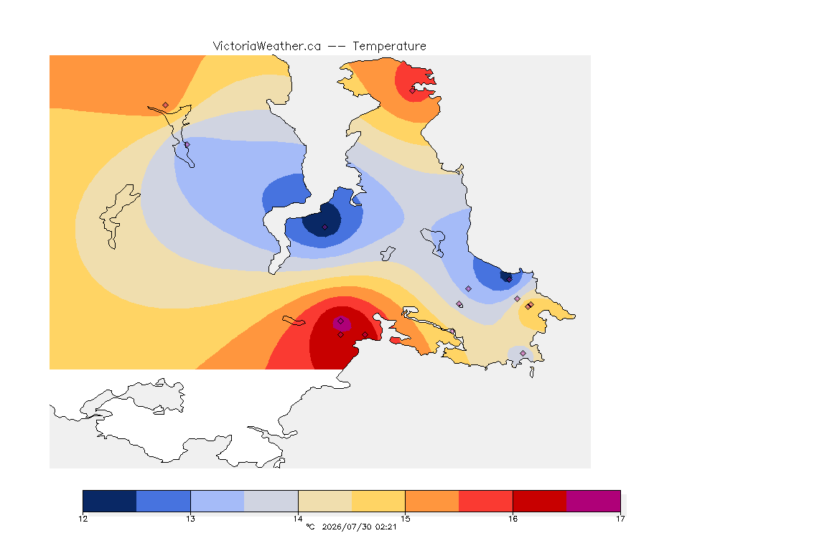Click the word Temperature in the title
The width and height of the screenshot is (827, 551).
389,47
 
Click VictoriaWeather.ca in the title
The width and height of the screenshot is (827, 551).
267,47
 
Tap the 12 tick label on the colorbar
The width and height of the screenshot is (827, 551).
83,519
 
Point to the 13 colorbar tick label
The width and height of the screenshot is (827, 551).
190,519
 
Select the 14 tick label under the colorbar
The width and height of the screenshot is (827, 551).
298,519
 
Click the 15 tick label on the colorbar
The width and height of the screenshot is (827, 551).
405,519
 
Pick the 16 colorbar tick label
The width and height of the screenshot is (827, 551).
513,519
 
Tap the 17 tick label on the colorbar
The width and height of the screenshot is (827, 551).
620,519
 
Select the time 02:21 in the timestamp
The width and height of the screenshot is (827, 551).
386,527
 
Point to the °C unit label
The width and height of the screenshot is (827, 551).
310,527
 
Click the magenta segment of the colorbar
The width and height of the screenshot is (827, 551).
594,501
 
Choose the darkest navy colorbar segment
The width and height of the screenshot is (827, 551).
110,501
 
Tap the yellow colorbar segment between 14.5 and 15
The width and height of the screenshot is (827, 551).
378,501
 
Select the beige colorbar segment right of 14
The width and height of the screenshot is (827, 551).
325,501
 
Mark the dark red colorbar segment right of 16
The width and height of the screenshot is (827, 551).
540,501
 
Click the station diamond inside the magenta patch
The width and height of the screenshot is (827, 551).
341,321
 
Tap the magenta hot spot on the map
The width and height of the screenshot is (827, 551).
342,324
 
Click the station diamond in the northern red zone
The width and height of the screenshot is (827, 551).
413,90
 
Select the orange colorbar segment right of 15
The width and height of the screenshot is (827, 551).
432,501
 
